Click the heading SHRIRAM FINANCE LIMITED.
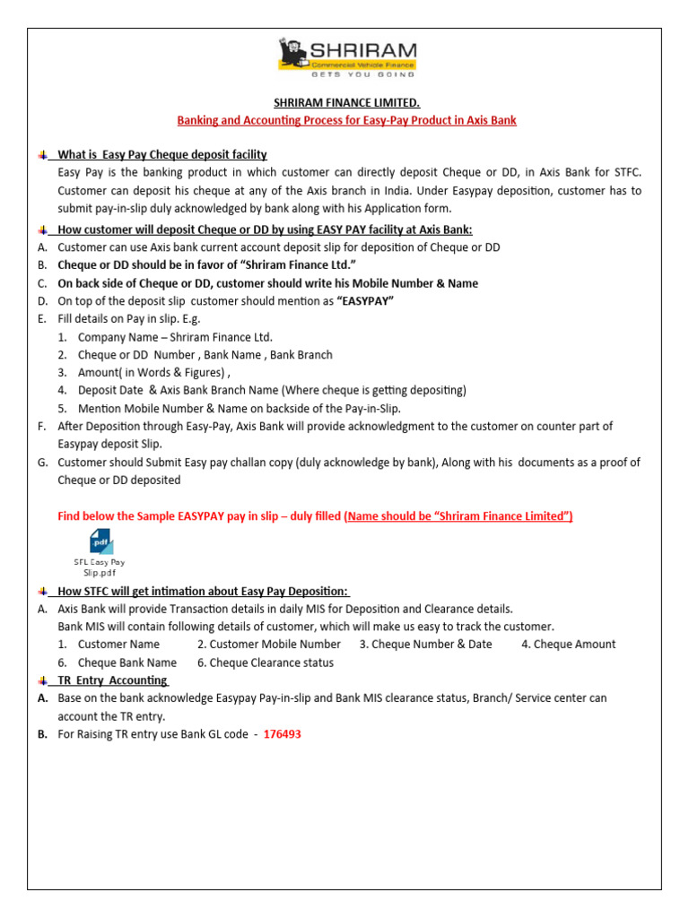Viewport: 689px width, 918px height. coord(345,103)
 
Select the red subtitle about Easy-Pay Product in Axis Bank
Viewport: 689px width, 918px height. coord(345,120)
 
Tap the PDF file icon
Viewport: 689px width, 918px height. coord(100,541)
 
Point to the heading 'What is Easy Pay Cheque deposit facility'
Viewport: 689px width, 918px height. coord(162,155)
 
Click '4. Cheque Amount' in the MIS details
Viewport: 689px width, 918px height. coord(568,645)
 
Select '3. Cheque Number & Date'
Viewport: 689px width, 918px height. coord(425,645)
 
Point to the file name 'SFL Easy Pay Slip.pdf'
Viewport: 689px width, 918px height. coord(100,567)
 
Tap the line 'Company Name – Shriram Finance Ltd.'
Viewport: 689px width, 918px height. coord(175,337)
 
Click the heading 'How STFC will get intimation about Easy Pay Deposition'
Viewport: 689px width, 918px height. coord(204,591)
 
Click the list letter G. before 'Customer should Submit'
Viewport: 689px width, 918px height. coord(42,463)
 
